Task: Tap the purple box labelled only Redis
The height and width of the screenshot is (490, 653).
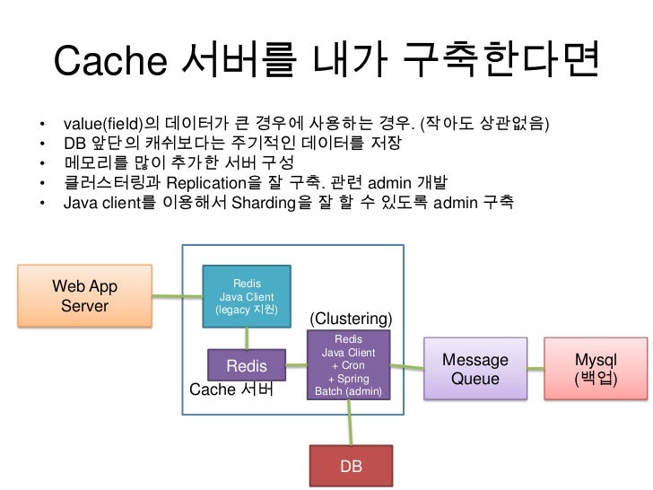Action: (x=246, y=365)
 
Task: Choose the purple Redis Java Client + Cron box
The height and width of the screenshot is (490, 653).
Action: (x=348, y=365)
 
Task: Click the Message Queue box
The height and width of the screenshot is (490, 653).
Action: (x=475, y=369)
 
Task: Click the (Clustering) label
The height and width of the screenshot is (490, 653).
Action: (x=351, y=319)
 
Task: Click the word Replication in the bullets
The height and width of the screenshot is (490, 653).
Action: (x=207, y=183)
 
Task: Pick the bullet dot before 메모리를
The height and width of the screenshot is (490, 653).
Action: (x=42, y=163)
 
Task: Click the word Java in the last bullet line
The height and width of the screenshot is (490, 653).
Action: (x=80, y=204)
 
